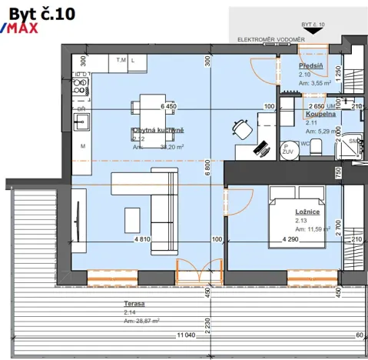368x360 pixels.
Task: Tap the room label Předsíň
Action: click(x=310, y=66)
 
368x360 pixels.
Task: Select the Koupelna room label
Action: click(x=320, y=113)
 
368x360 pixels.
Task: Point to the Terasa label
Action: click(x=134, y=304)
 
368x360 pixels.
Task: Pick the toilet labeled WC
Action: click(x=311, y=149)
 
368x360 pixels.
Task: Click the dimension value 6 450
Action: click(x=168, y=107)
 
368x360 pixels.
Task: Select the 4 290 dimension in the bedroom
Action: click(x=289, y=240)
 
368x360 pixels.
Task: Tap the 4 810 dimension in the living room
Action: click(x=142, y=240)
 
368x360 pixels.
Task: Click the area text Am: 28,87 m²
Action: click(x=142, y=320)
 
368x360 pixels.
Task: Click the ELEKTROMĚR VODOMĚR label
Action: click(x=270, y=38)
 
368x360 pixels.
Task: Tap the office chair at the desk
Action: click(x=240, y=128)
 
